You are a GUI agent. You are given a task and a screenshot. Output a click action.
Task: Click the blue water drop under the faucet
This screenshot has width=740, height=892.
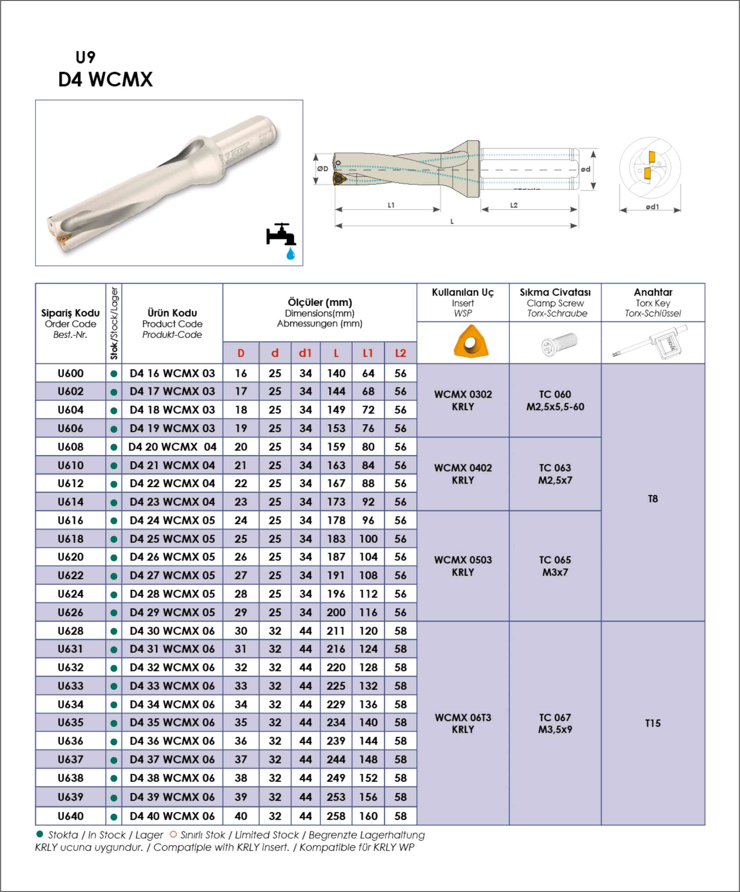pos(291,254)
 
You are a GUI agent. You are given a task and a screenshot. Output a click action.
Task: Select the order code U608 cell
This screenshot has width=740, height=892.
pos(71,447)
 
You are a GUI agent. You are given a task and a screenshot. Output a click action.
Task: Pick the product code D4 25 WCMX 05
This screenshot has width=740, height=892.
pos(172,538)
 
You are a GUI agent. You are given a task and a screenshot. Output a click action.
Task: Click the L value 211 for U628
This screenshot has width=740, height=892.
pos(336,631)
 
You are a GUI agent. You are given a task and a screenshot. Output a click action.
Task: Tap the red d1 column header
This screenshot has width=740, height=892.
pos(305,353)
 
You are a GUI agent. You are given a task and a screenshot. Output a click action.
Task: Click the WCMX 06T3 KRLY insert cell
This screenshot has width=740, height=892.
pos(463,723)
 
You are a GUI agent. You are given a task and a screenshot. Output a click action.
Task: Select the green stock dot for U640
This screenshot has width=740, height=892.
pos(114,816)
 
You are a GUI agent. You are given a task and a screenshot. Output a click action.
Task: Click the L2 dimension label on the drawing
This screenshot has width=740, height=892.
pos(514,205)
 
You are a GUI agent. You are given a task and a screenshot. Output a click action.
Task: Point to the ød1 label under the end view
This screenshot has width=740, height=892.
pos(652,207)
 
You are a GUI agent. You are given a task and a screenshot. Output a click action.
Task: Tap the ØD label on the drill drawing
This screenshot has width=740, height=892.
pos(323,169)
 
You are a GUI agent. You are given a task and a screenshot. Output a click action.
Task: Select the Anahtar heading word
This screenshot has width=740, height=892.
pos(653,292)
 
